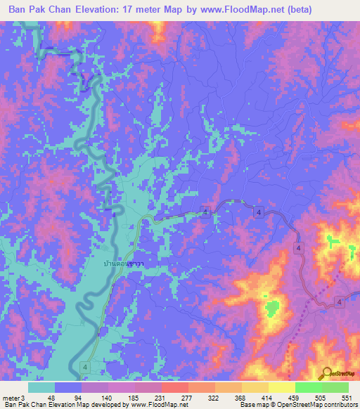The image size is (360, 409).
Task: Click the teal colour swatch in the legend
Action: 41,388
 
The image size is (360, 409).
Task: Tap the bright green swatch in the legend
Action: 309,388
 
